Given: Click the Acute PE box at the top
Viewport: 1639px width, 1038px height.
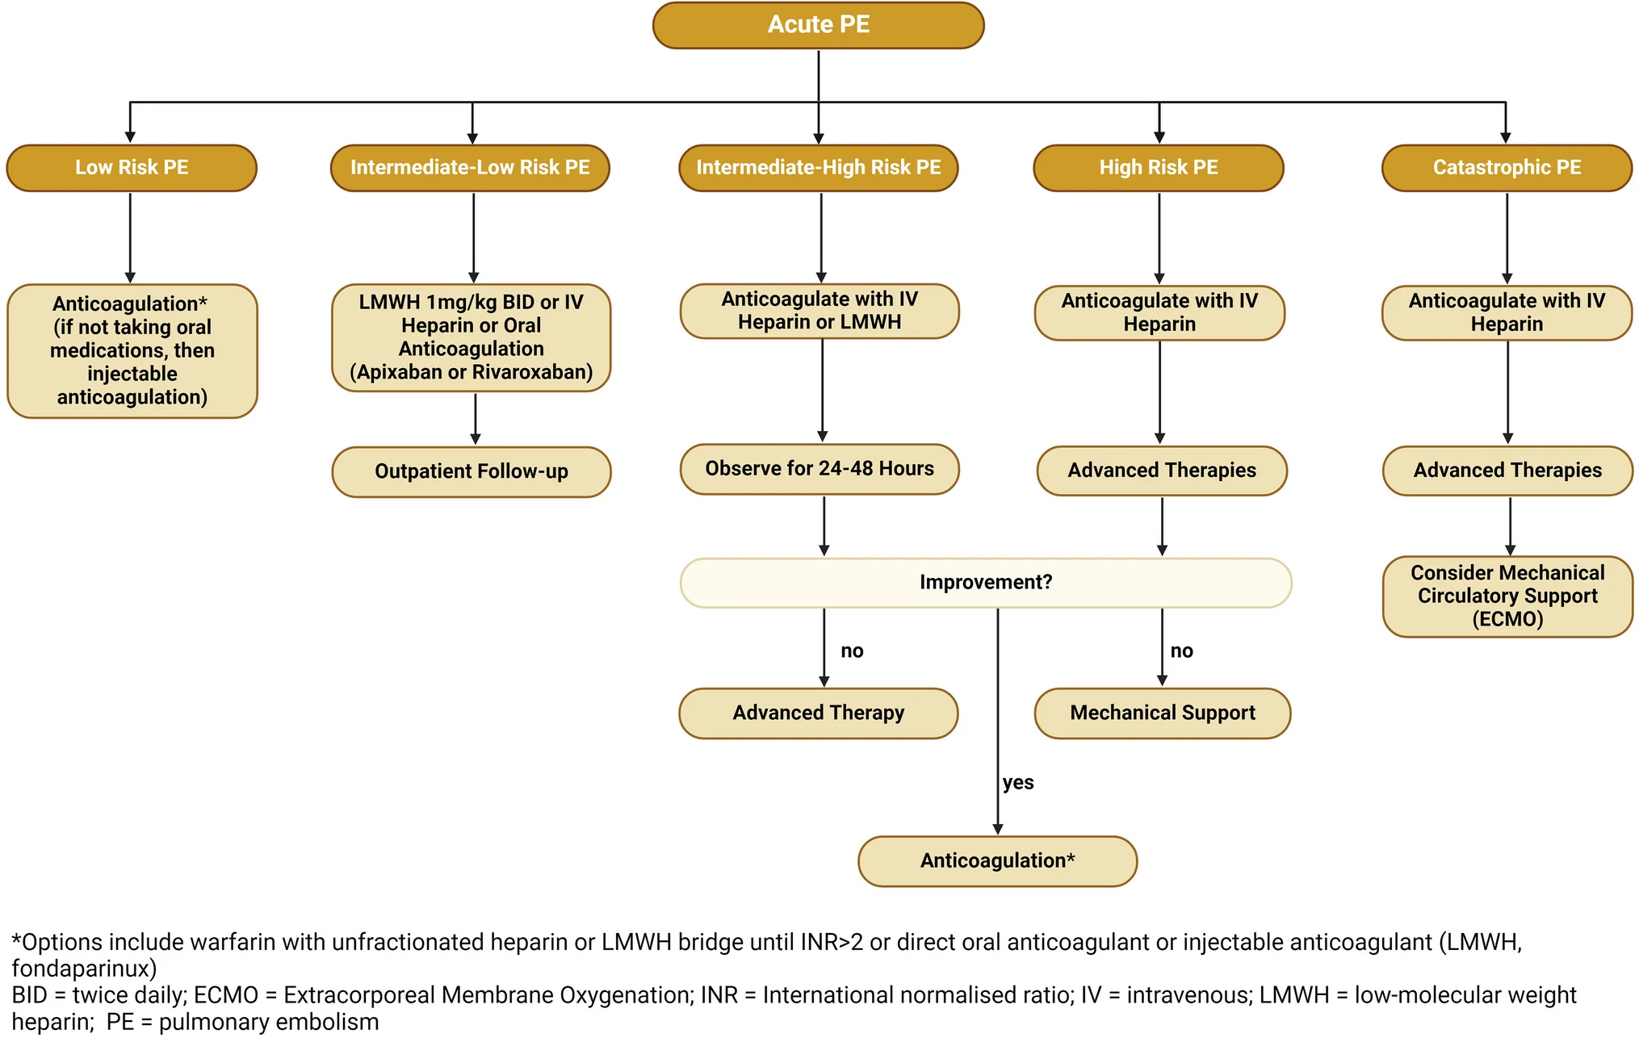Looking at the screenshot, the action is (818, 25).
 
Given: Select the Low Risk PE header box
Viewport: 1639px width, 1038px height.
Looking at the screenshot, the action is (132, 168).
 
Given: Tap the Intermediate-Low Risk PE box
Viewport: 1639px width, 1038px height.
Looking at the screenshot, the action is (470, 168).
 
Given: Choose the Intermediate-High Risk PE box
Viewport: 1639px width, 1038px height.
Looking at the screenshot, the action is (819, 168).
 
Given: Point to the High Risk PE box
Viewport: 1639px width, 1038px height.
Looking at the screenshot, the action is (1159, 168).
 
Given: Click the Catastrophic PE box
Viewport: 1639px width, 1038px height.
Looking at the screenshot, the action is (1507, 168).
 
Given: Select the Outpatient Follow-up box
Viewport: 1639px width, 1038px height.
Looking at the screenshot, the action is (472, 471).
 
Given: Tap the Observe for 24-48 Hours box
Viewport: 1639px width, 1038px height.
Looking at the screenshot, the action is (819, 469).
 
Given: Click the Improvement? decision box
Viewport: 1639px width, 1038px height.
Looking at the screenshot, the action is (986, 582).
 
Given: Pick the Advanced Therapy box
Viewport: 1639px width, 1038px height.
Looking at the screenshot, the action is (819, 713).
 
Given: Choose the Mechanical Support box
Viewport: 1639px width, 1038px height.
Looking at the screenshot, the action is (1163, 713).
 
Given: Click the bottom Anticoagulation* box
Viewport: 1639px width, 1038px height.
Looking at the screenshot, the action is (998, 861).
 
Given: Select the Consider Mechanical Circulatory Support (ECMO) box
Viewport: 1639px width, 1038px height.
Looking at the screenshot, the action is (1507, 596).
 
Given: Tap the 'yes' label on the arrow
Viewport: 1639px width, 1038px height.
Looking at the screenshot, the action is (1018, 782).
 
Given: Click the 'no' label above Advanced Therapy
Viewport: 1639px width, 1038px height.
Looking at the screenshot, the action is (852, 651).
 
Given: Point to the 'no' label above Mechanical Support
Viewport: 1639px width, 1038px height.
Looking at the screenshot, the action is (1181, 651).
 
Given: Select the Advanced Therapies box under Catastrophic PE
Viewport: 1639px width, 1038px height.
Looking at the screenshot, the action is (1507, 471).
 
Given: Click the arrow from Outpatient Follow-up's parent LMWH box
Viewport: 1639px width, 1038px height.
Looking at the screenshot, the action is (475, 419).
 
